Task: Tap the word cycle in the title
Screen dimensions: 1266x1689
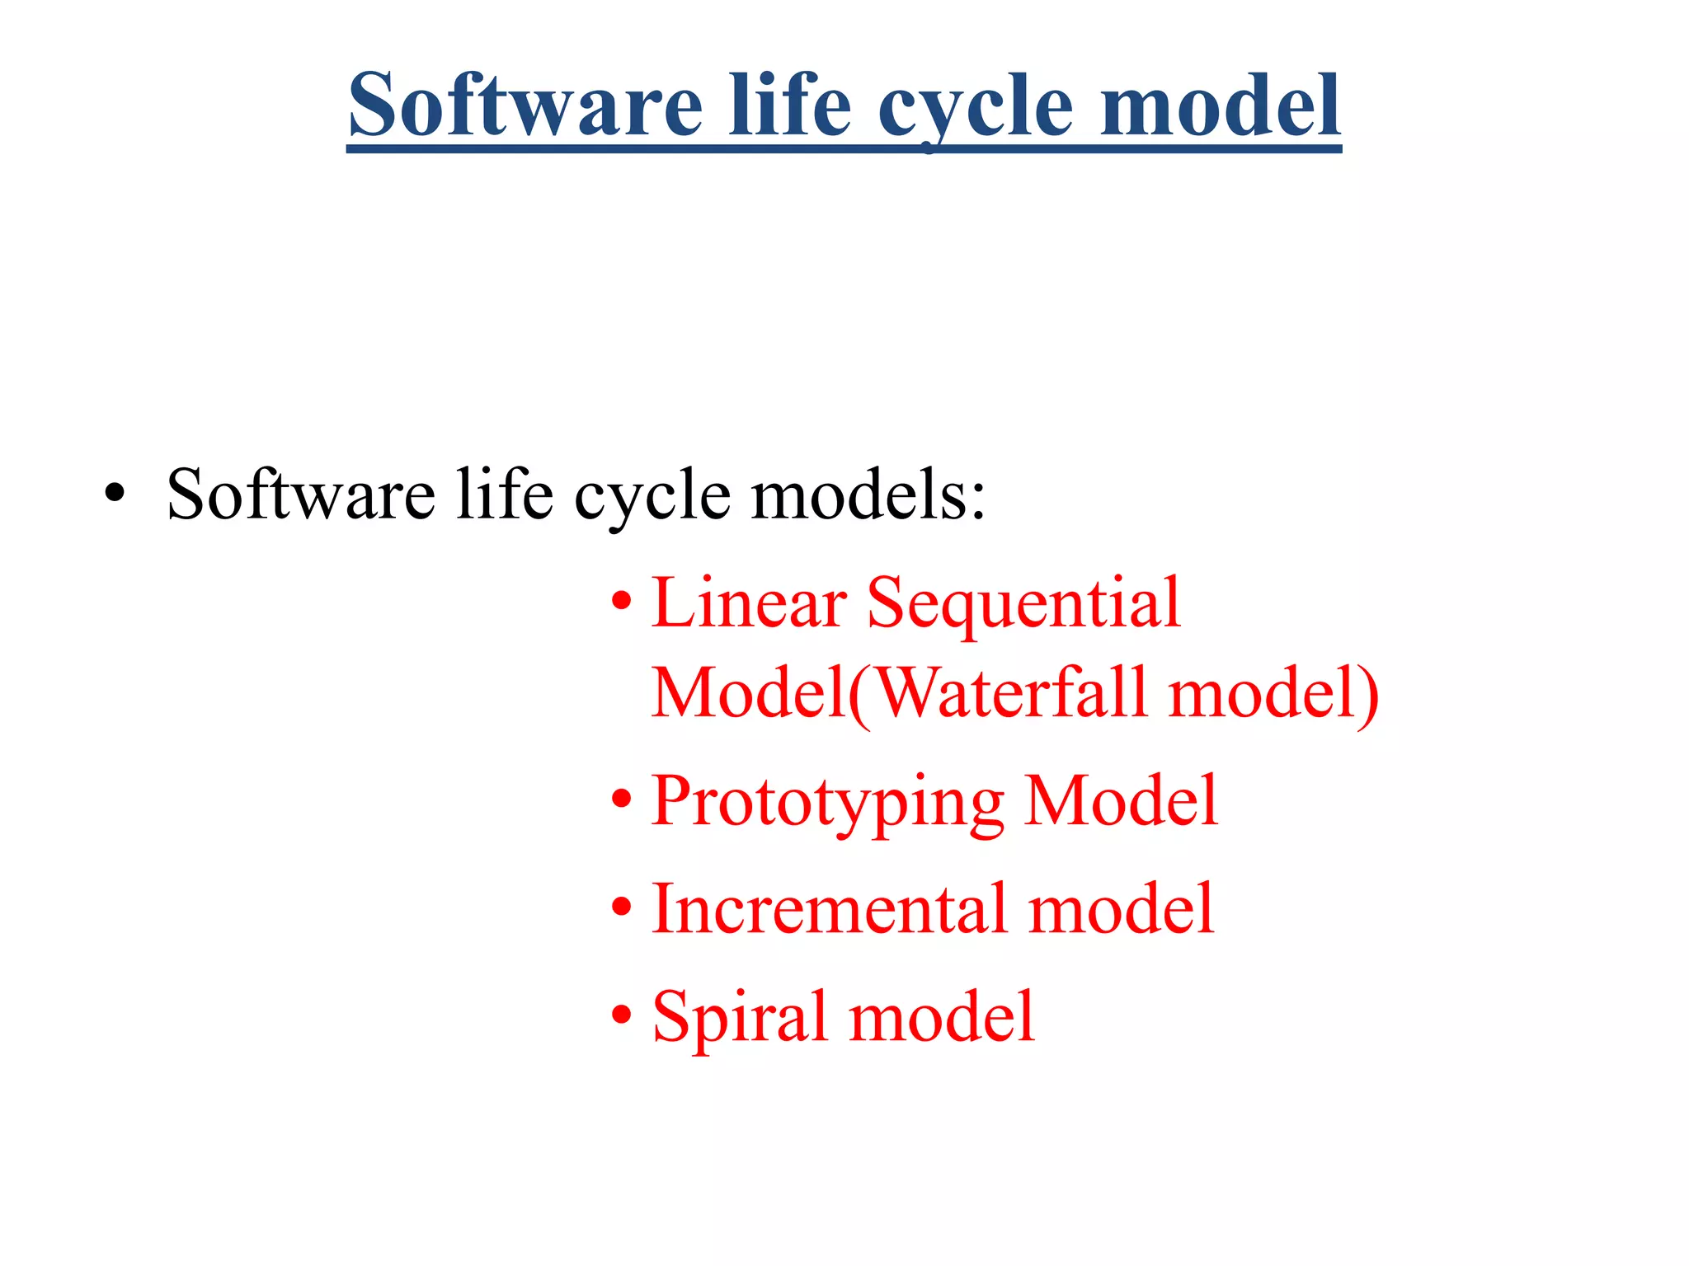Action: (x=976, y=107)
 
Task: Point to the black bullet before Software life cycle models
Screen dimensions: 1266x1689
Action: (x=115, y=495)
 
